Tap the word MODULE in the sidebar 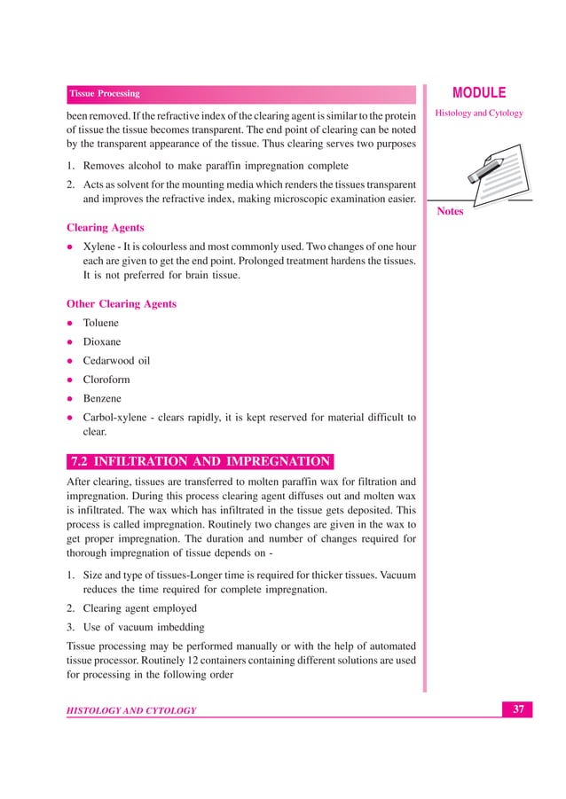[479, 93]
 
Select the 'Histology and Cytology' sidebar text [479, 114]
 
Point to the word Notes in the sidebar [451, 212]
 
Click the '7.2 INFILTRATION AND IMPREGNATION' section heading [200, 461]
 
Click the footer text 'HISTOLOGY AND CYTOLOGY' [132, 710]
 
